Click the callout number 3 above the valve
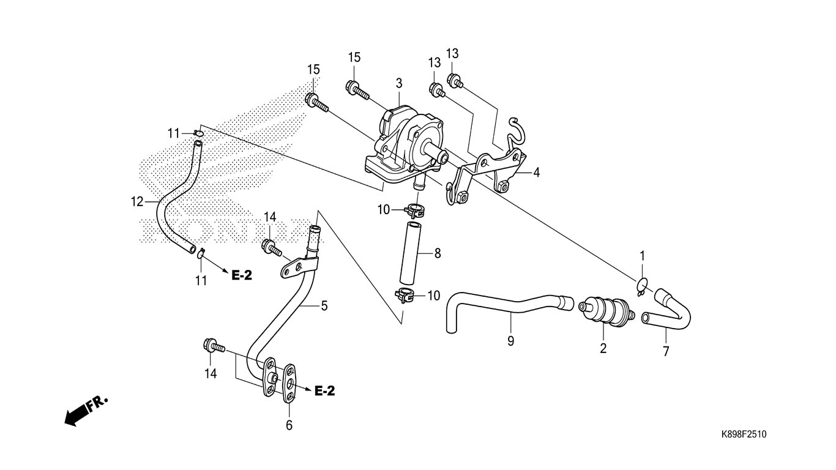pos(399,83)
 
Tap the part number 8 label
pos(438,252)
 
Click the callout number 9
pos(510,341)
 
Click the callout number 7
pos(666,351)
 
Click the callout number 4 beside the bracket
pos(536,173)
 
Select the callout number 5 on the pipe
pos(324,305)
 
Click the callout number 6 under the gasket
pos(289,425)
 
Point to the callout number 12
pos(136,201)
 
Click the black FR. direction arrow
pos(77,415)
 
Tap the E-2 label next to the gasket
pos(324,391)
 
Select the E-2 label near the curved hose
pos(242,275)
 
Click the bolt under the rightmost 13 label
pos(455,80)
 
